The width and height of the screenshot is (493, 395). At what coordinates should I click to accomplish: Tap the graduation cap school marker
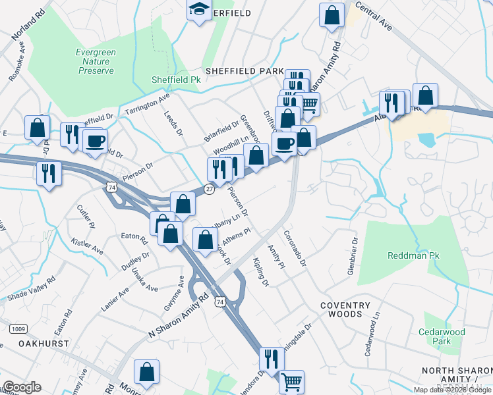click(199, 10)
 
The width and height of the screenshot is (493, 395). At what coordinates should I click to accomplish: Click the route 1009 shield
click(17, 328)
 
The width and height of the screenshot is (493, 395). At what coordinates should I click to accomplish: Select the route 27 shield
click(208, 189)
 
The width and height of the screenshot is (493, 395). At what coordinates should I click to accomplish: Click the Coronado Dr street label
click(295, 247)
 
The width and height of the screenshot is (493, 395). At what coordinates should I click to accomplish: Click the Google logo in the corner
click(22, 387)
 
